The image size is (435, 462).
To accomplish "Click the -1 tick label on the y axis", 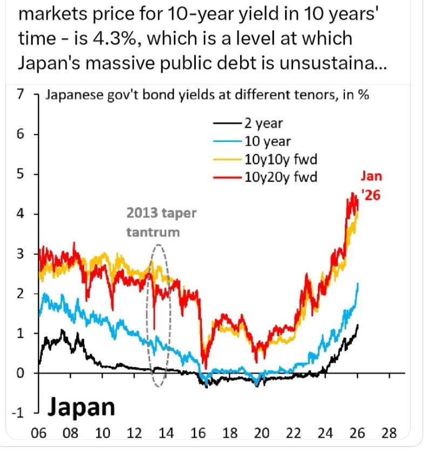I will pyautogui.click(x=19, y=413).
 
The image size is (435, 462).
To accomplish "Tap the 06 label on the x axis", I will pyautogui.click(x=39, y=433).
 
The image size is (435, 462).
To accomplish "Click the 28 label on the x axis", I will pyautogui.click(x=389, y=433).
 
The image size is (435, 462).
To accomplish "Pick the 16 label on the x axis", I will pyautogui.click(x=198, y=433).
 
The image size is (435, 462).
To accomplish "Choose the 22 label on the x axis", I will pyautogui.click(x=294, y=433).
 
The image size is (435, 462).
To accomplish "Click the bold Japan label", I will pyautogui.click(x=81, y=407).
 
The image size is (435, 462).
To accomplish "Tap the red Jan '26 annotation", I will pyautogui.click(x=371, y=186).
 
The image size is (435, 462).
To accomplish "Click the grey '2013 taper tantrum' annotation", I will pyautogui.click(x=161, y=222).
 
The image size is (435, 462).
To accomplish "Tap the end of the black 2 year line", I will pyautogui.click(x=358, y=325).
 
